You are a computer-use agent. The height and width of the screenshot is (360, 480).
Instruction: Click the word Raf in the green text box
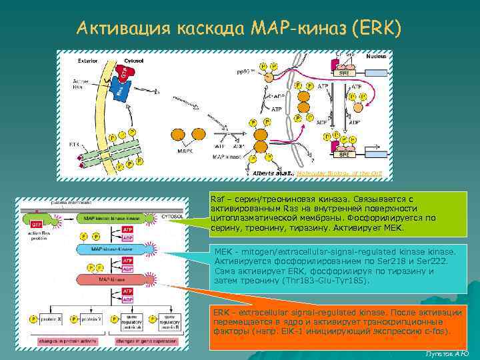[x=217, y=199]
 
